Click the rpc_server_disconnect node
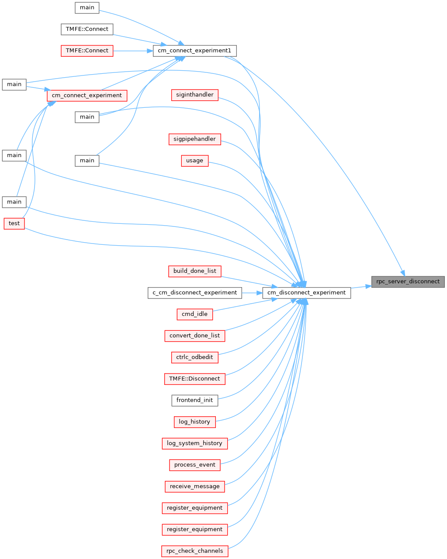pos(408,281)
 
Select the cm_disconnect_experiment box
pos(306,293)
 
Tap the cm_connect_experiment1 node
pos(194,51)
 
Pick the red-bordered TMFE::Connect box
pos(87,51)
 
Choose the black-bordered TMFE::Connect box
pos(87,29)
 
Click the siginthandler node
pos(194,94)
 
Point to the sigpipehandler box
pos(194,139)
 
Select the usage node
pos(194,161)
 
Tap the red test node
pos(14,223)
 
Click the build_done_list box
pos(194,271)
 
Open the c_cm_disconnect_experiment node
pos(194,293)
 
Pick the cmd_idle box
pos(194,314)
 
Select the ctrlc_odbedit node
pos(194,357)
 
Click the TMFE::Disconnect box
pos(194,379)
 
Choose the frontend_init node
pos(194,400)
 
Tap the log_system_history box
pos(194,443)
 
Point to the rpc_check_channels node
pos(194,551)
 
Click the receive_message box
pos(194,487)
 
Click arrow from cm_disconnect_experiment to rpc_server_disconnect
pos(361,287)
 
